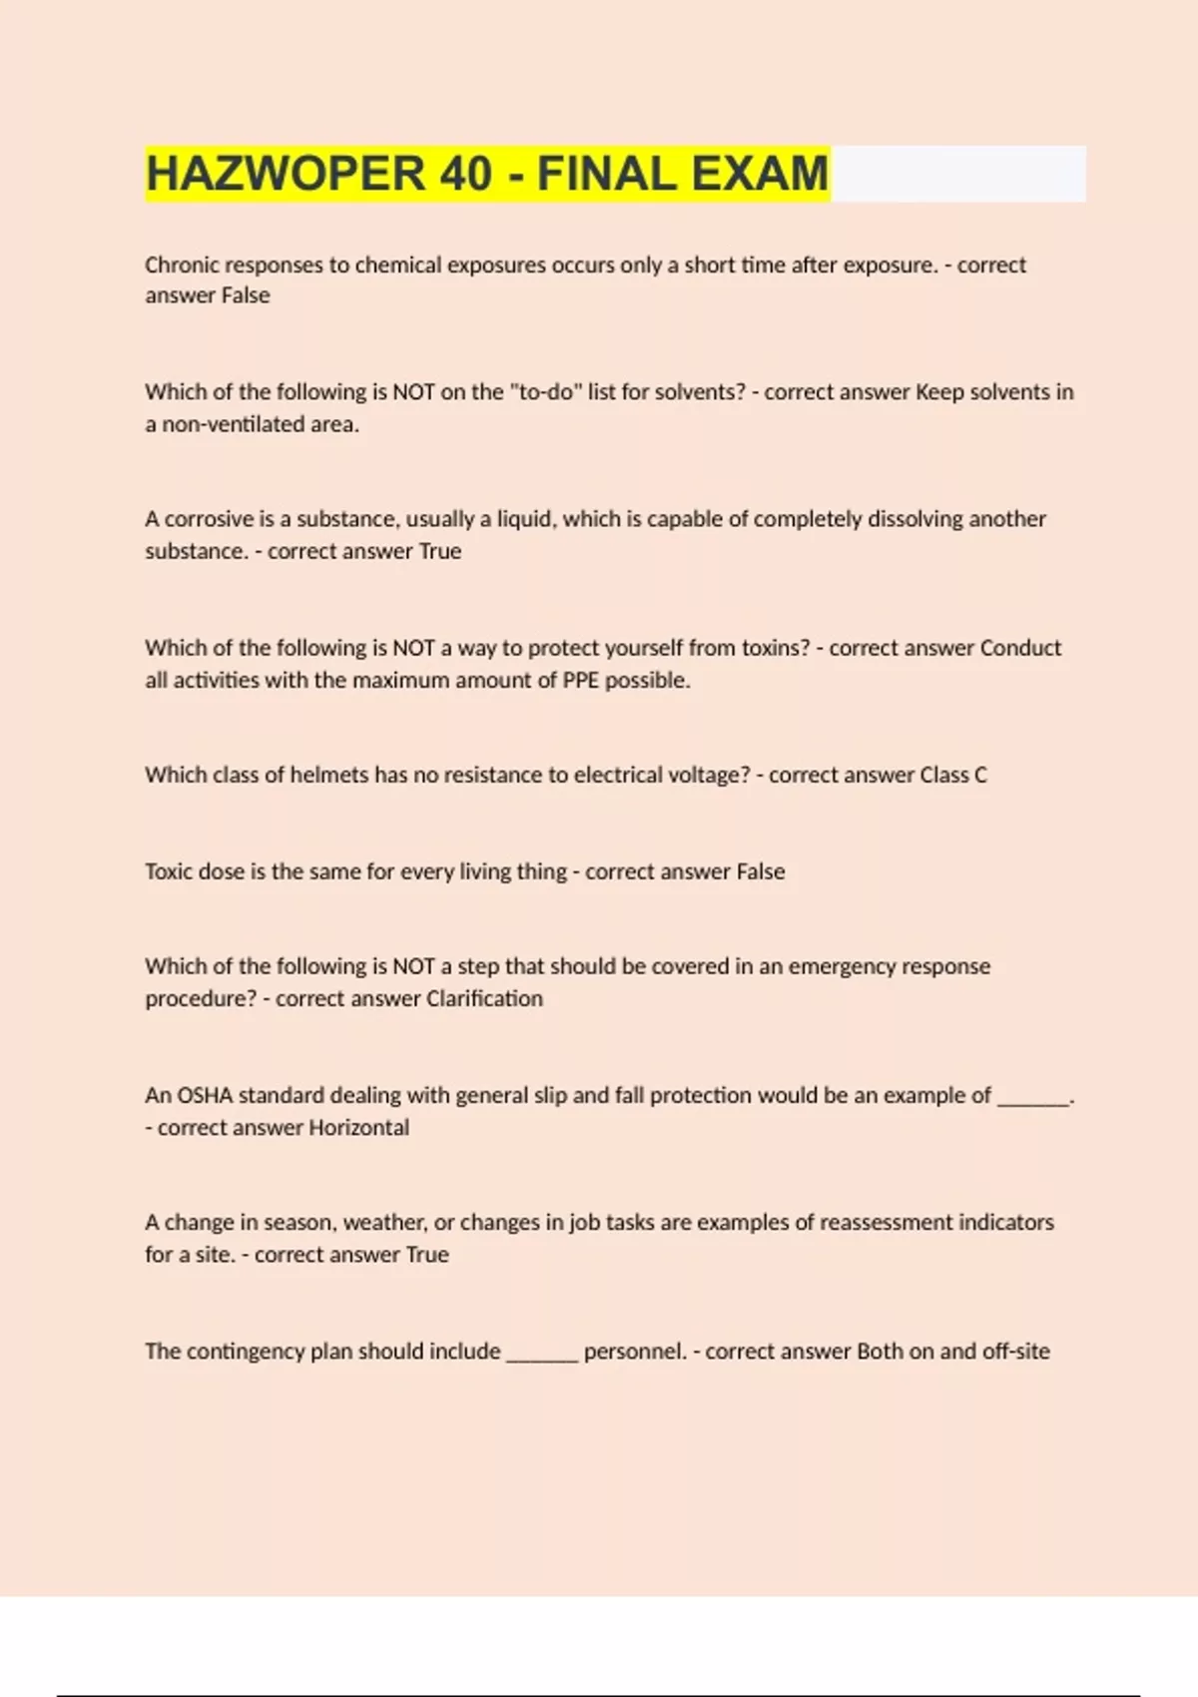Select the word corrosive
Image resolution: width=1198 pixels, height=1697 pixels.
click(x=210, y=519)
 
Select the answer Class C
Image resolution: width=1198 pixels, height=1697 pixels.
click(x=953, y=775)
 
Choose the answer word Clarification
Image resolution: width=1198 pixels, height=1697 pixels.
click(x=484, y=998)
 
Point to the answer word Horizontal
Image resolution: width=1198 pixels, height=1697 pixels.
click(x=358, y=1127)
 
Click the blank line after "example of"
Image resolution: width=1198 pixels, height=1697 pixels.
click(x=1033, y=1100)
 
